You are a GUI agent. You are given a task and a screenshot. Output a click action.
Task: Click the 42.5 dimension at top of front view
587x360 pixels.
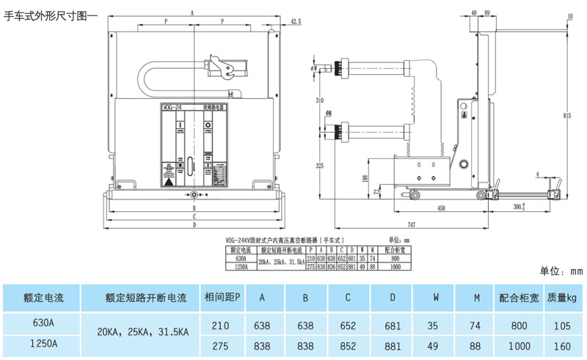[296, 21]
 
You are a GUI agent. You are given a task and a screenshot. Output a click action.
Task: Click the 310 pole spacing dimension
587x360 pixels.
[320, 100]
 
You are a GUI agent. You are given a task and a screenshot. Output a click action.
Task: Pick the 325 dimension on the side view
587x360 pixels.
[320, 166]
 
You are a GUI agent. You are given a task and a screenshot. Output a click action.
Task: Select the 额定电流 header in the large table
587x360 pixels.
[43, 298]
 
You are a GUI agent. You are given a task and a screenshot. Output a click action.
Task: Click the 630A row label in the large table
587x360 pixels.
[43, 322]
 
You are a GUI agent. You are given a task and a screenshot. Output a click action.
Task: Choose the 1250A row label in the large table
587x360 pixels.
[43, 342]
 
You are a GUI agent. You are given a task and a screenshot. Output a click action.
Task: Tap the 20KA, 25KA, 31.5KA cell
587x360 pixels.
[143, 331]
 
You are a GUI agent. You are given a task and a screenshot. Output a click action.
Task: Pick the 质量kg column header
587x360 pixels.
[561, 298]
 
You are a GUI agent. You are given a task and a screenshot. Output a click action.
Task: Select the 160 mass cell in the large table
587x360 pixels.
[561, 342]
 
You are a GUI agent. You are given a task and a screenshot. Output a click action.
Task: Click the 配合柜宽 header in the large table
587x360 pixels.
[519, 298]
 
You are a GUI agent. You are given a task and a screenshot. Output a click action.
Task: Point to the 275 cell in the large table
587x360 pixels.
[220, 342]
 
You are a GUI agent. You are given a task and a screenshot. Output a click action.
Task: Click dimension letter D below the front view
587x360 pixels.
[194, 225]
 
